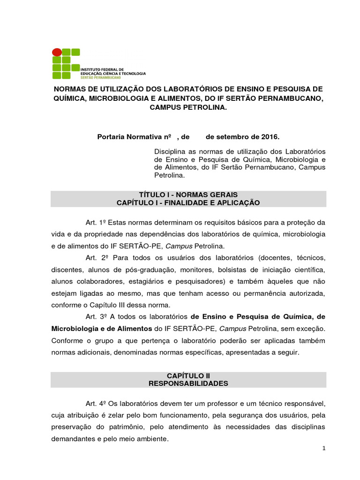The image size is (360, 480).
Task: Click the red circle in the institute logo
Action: click(x=57, y=52)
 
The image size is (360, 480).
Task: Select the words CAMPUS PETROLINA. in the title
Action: click(x=188, y=107)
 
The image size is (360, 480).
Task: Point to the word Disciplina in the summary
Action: click(x=169, y=151)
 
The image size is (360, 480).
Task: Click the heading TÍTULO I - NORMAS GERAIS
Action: click(x=188, y=194)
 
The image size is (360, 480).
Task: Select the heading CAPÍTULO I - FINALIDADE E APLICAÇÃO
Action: click(x=188, y=202)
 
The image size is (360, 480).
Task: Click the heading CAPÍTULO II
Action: click(x=188, y=375)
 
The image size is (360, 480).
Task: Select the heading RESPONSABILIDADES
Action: click(x=188, y=383)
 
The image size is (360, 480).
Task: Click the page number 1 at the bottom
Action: click(x=323, y=449)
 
